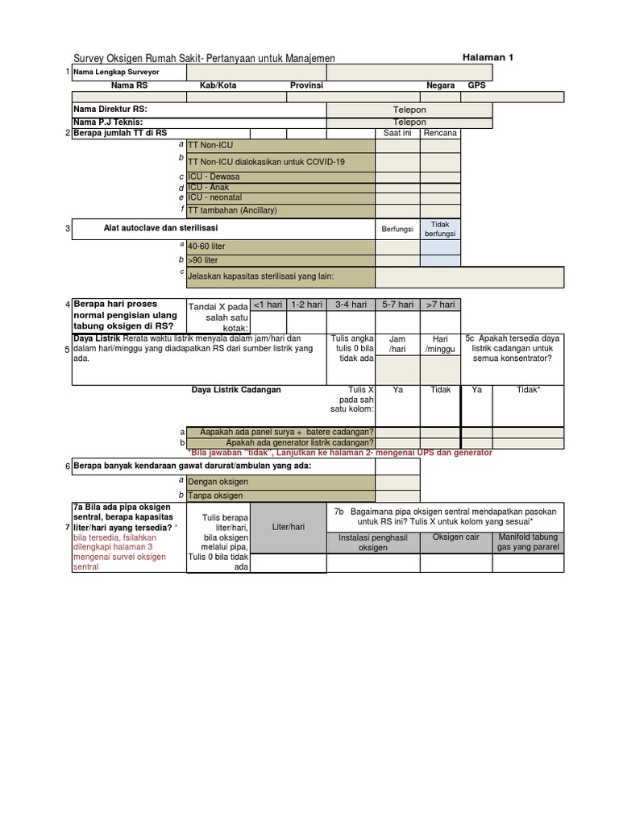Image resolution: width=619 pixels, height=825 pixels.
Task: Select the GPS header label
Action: pos(476,85)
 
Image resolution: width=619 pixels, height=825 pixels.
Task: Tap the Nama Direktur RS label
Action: pos(110,110)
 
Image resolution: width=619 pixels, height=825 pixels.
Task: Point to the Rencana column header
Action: pos(440,133)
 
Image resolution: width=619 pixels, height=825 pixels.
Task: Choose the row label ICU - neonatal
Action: pos(214,197)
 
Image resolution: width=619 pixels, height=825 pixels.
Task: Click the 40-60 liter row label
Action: pos(206,247)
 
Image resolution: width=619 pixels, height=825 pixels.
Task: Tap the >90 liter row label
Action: pos(202,261)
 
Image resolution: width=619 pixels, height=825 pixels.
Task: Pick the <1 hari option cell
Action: pos(268,305)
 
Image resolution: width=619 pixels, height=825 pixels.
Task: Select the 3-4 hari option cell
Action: pos(351,305)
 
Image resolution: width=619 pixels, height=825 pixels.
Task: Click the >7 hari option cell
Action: pos(440,305)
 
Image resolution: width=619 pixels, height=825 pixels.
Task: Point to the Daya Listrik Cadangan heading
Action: pos(235,390)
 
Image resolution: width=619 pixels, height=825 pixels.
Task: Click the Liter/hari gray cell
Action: pos(289,527)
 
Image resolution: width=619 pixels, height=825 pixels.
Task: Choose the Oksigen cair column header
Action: pos(455,537)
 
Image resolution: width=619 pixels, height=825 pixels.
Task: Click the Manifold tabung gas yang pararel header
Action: pos(528,542)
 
